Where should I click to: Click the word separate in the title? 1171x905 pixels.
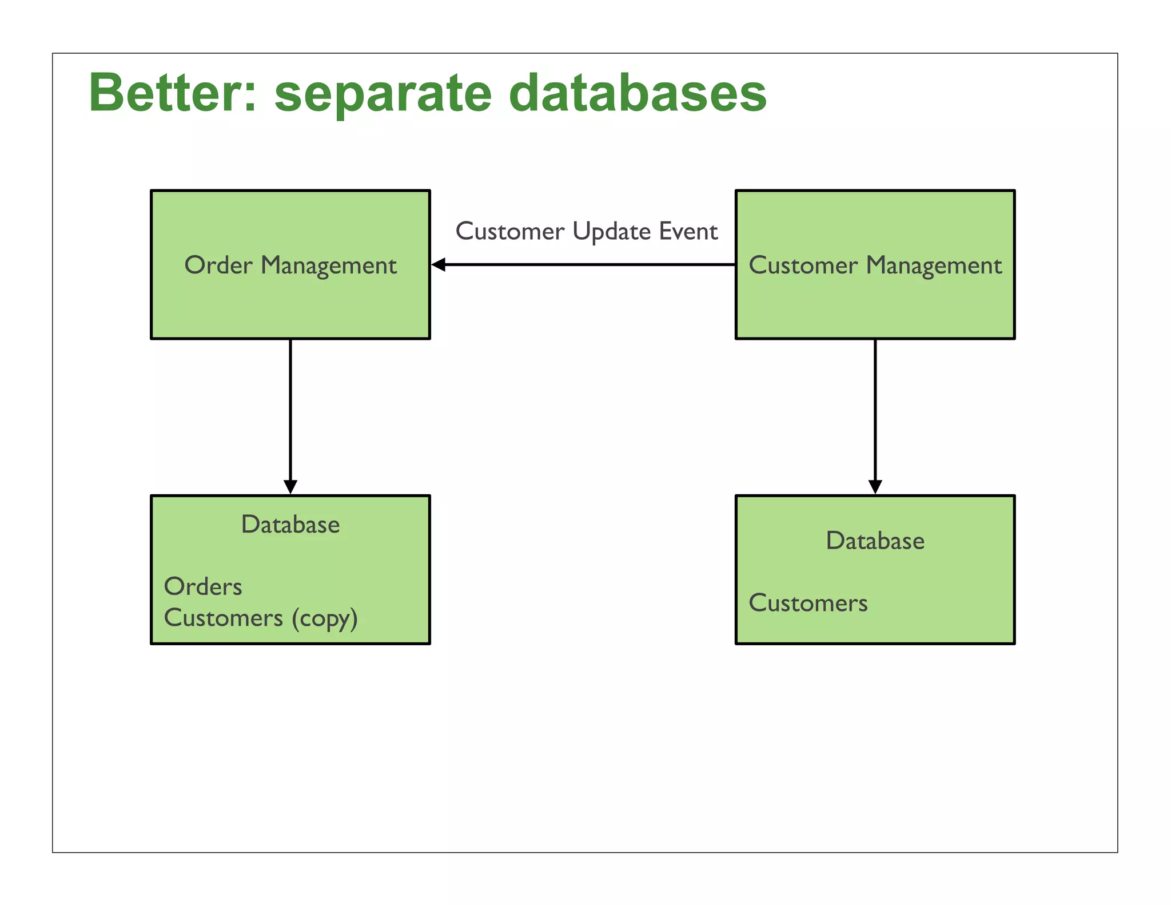click(x=383, y=94)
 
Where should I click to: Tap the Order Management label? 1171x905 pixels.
click(x=290, y=265)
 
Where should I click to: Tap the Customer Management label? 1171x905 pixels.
click(x=875, y=265)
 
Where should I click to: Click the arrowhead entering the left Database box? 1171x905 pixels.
click(x=290, y=486)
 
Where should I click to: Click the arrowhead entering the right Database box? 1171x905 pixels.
click(x=875, y=486)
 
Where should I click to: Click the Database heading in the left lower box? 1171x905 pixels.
click(x=290, y=525)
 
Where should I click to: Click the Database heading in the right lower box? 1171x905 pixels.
click(x=875, y=541)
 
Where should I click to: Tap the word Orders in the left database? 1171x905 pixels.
click(x=203, y=587)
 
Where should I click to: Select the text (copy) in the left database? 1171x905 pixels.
click(x=324, y=618)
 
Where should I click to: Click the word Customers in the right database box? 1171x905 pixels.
click(x=808, y=604)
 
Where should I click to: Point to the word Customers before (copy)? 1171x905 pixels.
click(x=224, y=618)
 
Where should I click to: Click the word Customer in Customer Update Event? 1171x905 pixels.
click(x=510, y=232)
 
